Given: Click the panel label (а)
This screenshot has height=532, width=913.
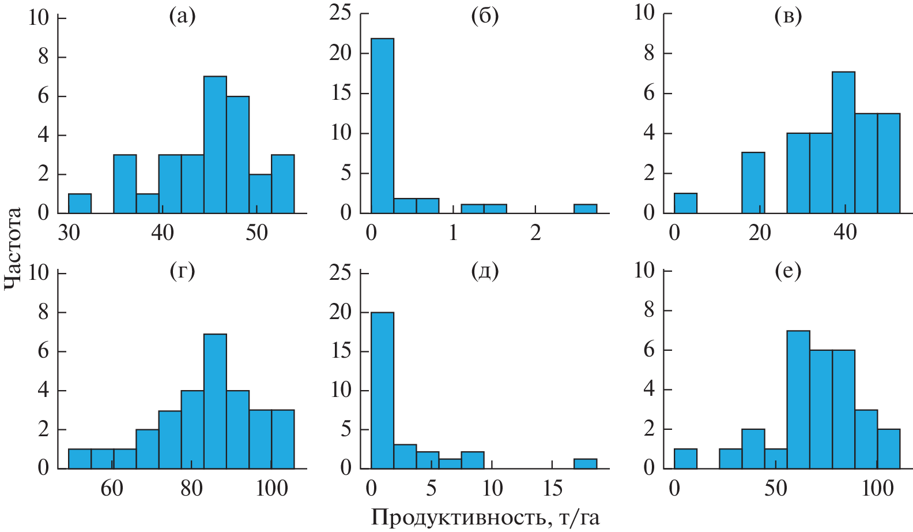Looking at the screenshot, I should (182, 17).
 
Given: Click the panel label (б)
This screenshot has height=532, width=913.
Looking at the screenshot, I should (485, 17).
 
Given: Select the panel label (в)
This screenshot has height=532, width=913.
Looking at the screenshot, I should (788, 17).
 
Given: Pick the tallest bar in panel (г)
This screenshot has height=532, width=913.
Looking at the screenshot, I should (215, 401).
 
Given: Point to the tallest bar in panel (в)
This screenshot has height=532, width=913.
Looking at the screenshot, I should (843, 143).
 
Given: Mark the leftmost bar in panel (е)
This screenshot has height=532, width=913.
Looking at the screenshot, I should (685, 458).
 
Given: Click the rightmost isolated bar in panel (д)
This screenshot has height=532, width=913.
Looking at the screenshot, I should (585, 463).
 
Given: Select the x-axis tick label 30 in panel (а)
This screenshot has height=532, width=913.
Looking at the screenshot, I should (69, 233).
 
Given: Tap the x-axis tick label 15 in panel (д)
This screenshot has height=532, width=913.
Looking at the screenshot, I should (552, 488).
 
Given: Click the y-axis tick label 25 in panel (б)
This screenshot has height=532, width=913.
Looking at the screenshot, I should (339, 12).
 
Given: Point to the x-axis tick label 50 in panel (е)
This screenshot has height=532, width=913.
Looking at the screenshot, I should (775, 488).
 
